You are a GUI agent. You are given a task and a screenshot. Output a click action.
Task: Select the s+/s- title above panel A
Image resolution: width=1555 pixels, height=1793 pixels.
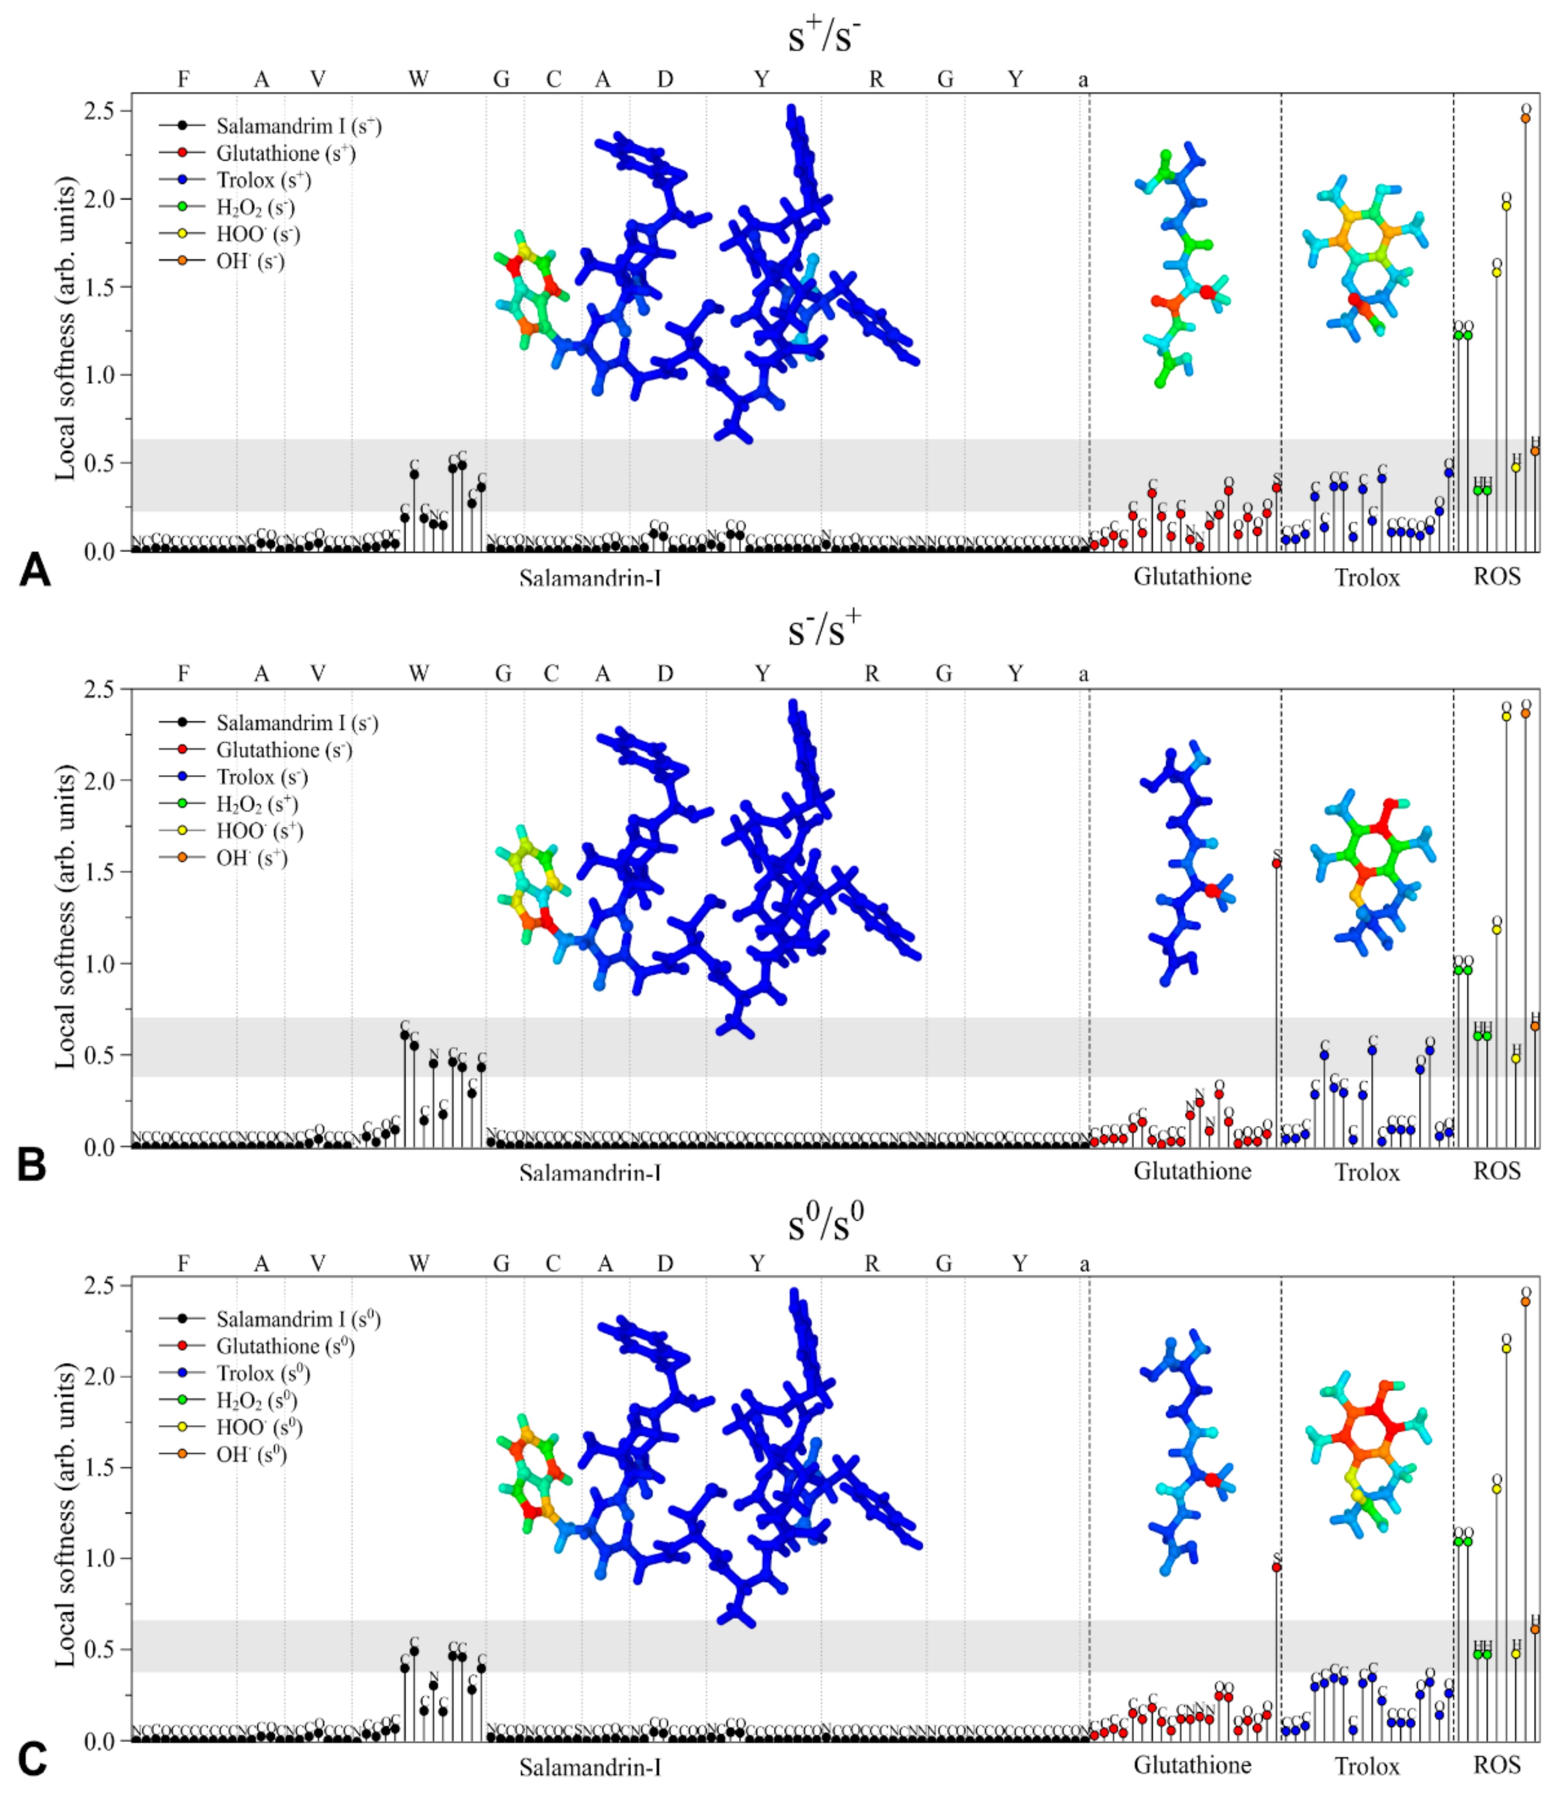click(x=824, y=36)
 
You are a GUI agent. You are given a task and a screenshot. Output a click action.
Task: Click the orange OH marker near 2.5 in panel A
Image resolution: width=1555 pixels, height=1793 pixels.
click(x=1525, y=118)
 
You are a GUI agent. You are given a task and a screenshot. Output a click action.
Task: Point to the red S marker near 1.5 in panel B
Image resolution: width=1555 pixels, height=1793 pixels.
click(x=1276, y=864)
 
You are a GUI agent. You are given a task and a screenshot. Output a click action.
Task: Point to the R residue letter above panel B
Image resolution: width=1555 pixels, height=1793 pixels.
click(x=872, y=674)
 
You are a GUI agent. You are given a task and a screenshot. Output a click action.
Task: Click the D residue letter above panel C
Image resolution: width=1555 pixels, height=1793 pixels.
click(x=665, y=1264)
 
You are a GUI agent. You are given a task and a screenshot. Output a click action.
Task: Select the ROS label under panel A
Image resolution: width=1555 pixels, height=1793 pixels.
click(x=1497, y=576)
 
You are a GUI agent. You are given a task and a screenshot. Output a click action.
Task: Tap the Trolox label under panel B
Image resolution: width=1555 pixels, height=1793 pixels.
click(x=1366, y=1172)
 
